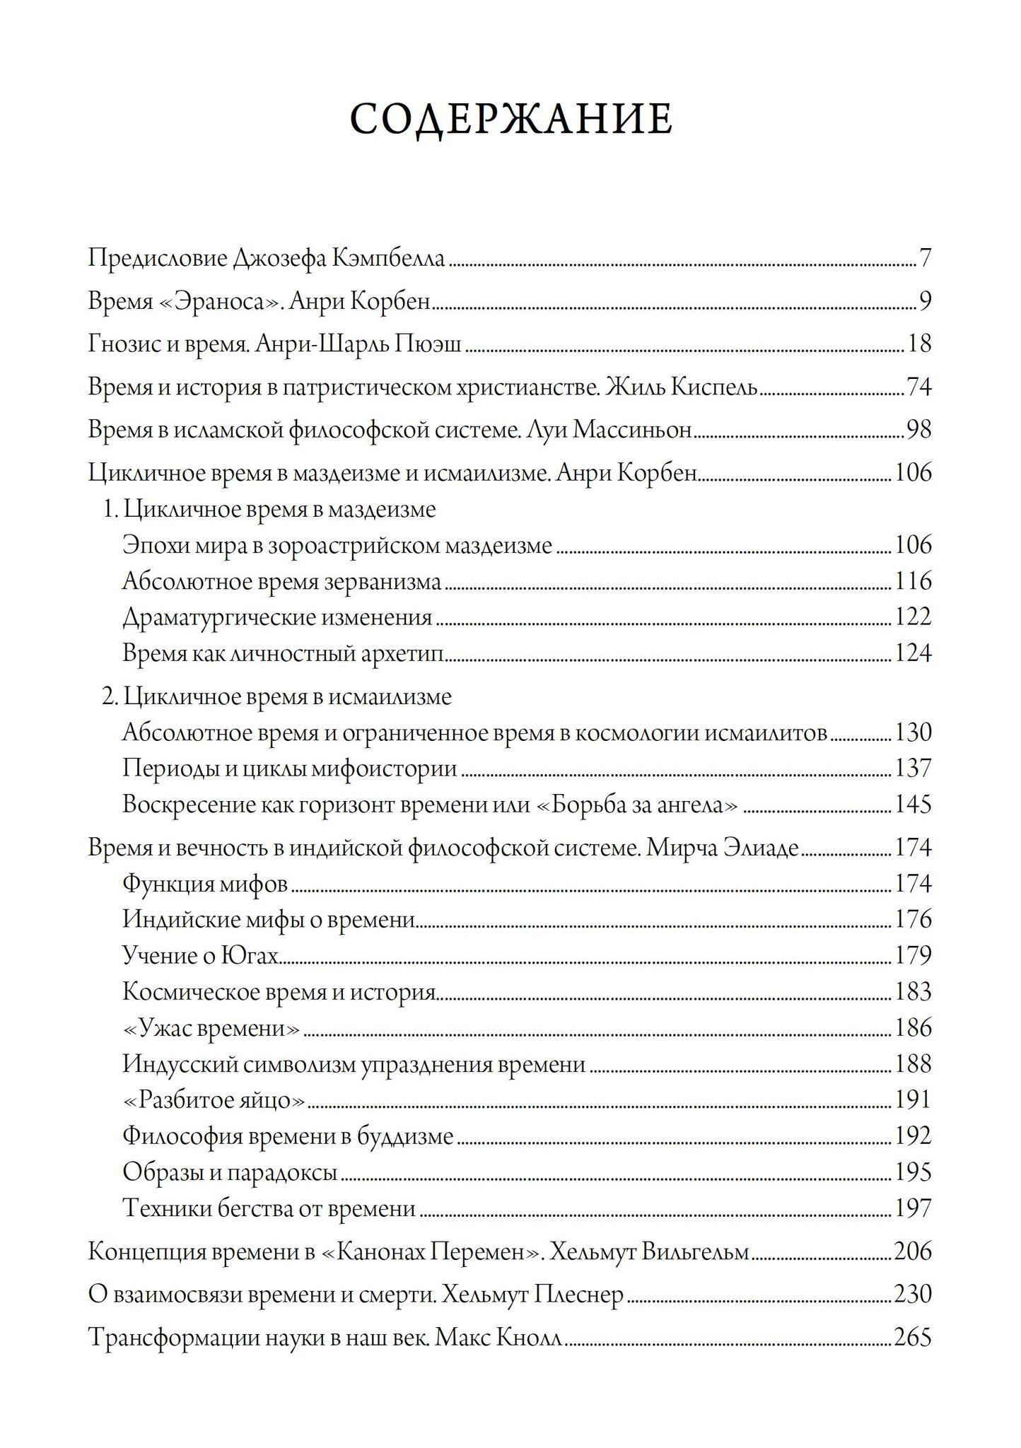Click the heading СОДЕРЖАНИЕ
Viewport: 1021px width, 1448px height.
(x=510, y=119)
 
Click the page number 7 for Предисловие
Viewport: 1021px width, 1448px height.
(x=926, y=259)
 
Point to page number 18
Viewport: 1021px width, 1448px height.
(x=919, y=344)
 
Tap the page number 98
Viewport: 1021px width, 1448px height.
(x=918, y=430)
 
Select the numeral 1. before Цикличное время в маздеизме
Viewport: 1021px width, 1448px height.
(x=110, y=510)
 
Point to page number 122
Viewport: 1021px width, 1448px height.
(x=913, y=617)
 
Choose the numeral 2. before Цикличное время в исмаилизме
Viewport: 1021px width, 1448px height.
(x=110, y=697)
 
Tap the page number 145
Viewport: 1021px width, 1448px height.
(x=913, y=805)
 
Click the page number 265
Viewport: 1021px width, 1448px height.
(x=913, y=1338)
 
